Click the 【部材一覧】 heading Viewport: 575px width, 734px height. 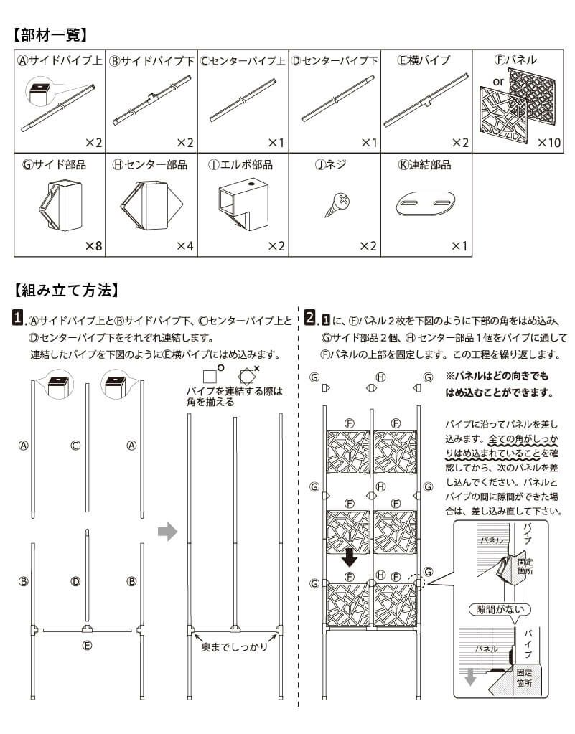pos(50,34)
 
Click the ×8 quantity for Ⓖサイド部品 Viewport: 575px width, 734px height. pos(93,246)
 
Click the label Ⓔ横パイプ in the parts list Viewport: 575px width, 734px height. pos(424,60)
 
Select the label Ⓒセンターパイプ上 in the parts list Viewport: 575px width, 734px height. pos(242,60)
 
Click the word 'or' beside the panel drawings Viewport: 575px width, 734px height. pos(498,82)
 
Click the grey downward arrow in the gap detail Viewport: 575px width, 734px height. pos(470,678)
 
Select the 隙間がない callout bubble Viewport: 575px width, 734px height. pos(500,610)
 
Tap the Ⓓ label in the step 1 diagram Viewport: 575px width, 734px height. pos(75,581)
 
